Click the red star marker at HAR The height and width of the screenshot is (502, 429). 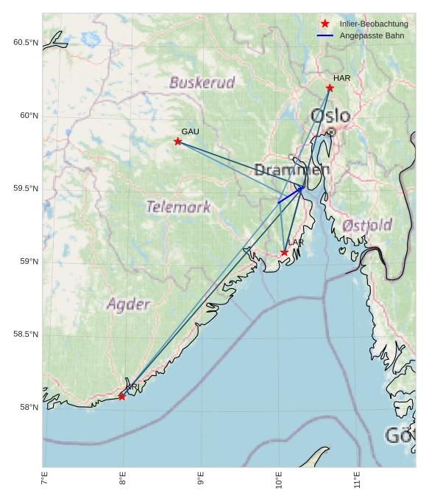tap(330, 88)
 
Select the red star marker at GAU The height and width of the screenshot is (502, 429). tap(178, 141)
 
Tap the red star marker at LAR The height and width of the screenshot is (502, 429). tap(284, 253)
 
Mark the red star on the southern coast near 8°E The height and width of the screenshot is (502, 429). tap(122, 397)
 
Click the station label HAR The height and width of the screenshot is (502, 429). tap(341, 78)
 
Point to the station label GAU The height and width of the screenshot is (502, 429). tap(190, 131)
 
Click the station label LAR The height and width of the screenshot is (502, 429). tap(296, 243)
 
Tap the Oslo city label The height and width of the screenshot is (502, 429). tap(330, 116)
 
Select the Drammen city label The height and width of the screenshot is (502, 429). tap(292, 170)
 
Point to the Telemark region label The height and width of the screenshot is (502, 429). tap(178, 207)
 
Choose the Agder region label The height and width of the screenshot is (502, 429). tap(128, 304)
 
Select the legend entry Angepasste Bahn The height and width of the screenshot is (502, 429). tap(371, 35)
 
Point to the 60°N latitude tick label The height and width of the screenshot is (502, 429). tap(26, 116)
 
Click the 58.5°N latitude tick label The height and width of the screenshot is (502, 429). tap(26, 335)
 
